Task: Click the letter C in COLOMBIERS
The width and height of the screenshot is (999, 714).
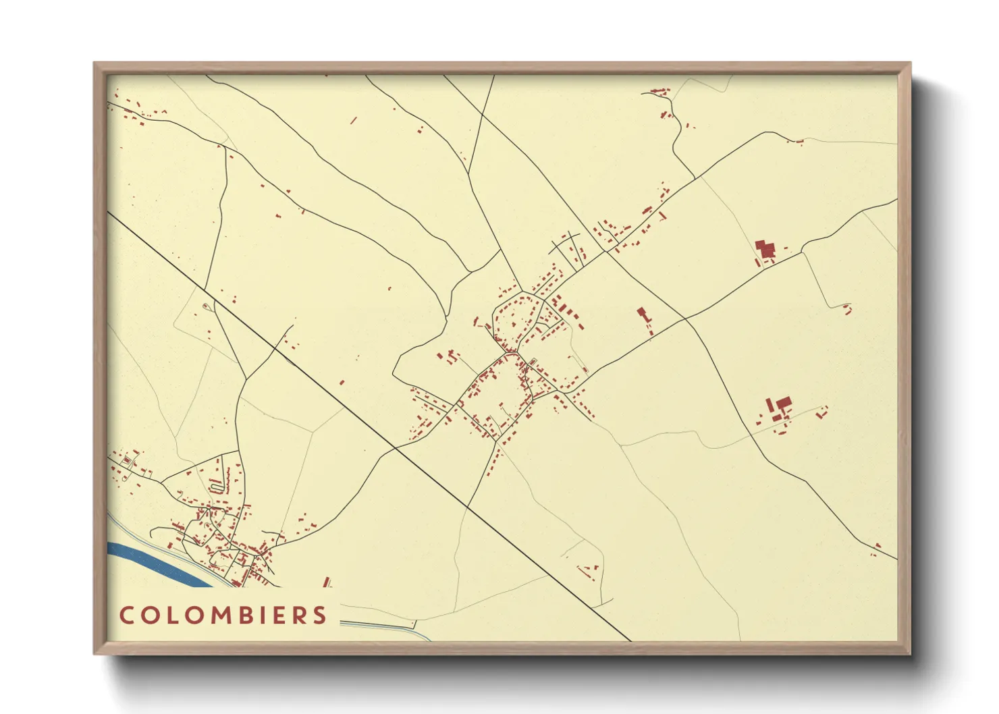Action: click(x=126, y=615)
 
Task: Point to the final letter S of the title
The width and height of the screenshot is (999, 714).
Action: click(x=319, y=615)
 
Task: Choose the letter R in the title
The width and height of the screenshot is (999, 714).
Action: click(x=300, y=615)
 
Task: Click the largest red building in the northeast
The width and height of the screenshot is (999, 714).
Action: click(x=765, y=249)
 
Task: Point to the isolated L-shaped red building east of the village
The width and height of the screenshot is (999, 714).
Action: click(x=642, y=314)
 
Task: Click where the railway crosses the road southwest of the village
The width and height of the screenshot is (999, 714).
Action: click(x=396, y=447)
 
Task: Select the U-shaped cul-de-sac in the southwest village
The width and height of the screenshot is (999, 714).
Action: click(x=216, y=485)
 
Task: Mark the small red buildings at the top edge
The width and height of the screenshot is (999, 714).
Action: click(x=659, y=90)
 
